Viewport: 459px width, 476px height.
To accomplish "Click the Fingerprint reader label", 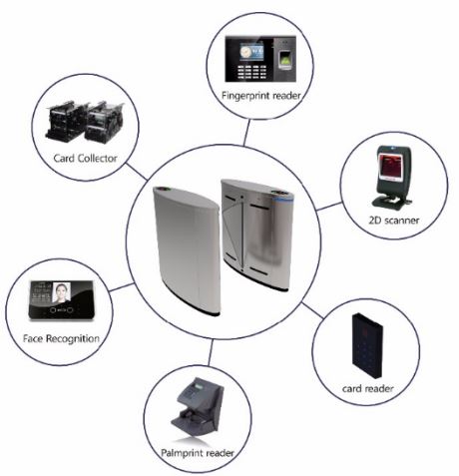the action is coord(261,96).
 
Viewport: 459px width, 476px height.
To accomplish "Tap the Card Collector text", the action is coord(86,158).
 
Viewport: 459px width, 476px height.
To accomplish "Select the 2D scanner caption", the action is coord(394,220).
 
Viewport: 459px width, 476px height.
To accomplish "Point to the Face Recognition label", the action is coord(61,338).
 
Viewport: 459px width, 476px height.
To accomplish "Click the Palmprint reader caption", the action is coord(198,453).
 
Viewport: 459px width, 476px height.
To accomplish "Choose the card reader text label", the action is coord(368,388).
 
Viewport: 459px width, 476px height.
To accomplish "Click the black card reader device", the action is coord(367,345).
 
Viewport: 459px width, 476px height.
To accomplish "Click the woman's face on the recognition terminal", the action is coord(62,291).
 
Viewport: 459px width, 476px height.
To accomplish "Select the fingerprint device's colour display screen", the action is coord(251,52).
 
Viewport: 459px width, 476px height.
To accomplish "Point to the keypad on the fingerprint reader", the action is coord(251,71).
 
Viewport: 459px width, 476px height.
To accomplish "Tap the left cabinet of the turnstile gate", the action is coord(188,250).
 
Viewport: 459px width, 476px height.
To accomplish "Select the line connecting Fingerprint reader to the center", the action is coord(246,133).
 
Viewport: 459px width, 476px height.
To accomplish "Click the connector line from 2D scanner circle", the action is coord(329,207).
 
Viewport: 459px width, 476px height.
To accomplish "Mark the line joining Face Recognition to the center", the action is coord(122,287).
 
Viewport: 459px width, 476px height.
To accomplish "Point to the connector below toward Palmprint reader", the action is coord(211,352).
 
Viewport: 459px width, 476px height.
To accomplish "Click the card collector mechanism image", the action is coord(85,122).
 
